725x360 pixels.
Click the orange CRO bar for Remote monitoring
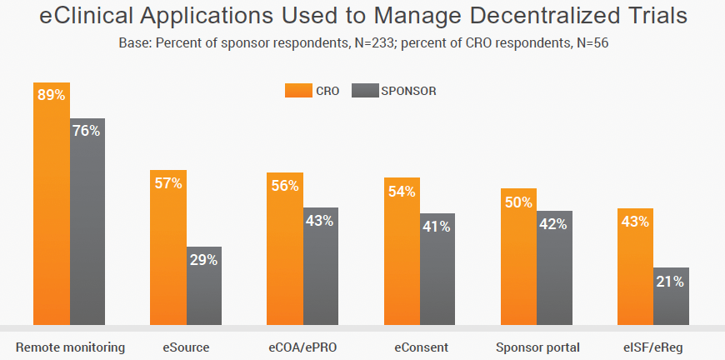[52, 208]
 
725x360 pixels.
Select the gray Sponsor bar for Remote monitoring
[87, 225]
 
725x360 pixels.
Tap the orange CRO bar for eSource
[168, 250]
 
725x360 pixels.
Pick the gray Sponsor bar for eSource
[203, 287]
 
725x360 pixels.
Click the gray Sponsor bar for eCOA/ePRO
[320, 267]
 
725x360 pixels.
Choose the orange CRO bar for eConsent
[402, 254]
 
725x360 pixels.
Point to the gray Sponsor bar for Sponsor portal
[553, 268]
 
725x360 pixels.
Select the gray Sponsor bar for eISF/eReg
[670, 297]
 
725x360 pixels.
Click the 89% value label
[51, 95]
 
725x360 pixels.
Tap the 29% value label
[203, 260]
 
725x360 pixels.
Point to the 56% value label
[284, 186]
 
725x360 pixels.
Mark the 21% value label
[670, 282]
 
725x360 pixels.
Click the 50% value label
[517, 202]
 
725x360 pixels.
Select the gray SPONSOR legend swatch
[364, 91]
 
